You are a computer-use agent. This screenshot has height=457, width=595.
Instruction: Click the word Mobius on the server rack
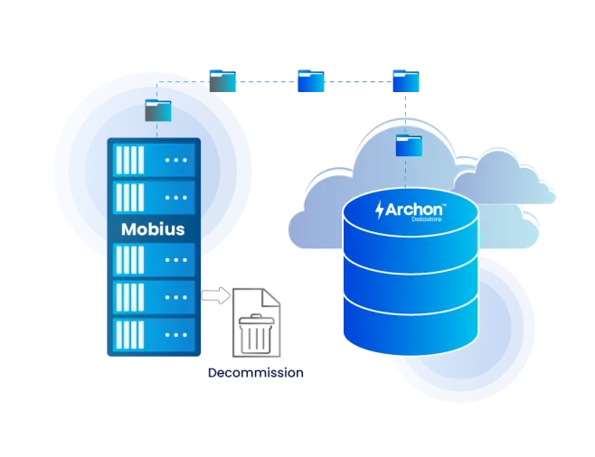coord(153,229)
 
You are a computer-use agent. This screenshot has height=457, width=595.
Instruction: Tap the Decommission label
coord(256,373)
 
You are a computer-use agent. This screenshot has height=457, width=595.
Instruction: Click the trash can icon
coord(256,334)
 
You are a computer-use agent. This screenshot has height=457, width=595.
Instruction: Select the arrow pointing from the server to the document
coord(215,295)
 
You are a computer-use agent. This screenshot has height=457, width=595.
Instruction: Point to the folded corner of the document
coord(271,297)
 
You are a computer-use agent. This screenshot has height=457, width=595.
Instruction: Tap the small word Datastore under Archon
coord(427,219)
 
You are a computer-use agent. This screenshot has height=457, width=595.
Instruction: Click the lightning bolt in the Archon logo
coord(380,210)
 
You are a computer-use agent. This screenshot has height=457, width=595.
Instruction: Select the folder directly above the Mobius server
coord(158,110)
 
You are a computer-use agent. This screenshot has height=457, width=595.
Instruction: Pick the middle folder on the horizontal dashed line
coord(311,80)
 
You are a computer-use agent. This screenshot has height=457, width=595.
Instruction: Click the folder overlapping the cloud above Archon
coord(409,145)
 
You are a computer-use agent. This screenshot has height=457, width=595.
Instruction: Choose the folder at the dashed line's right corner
coord(406,80)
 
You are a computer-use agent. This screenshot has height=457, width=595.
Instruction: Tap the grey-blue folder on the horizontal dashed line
coord(222,80)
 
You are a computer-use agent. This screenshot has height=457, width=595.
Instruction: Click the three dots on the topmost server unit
coord(176,160)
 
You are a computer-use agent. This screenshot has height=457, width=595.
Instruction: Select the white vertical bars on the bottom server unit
coord(130,334)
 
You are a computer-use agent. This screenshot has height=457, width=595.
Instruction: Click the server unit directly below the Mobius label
coord(154,260)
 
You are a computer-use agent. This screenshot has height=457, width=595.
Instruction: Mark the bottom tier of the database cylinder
coord(411,327)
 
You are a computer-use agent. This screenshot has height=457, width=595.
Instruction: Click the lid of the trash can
coord(257,320)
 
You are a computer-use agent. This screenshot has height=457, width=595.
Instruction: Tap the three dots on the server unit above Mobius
coord(176,198)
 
